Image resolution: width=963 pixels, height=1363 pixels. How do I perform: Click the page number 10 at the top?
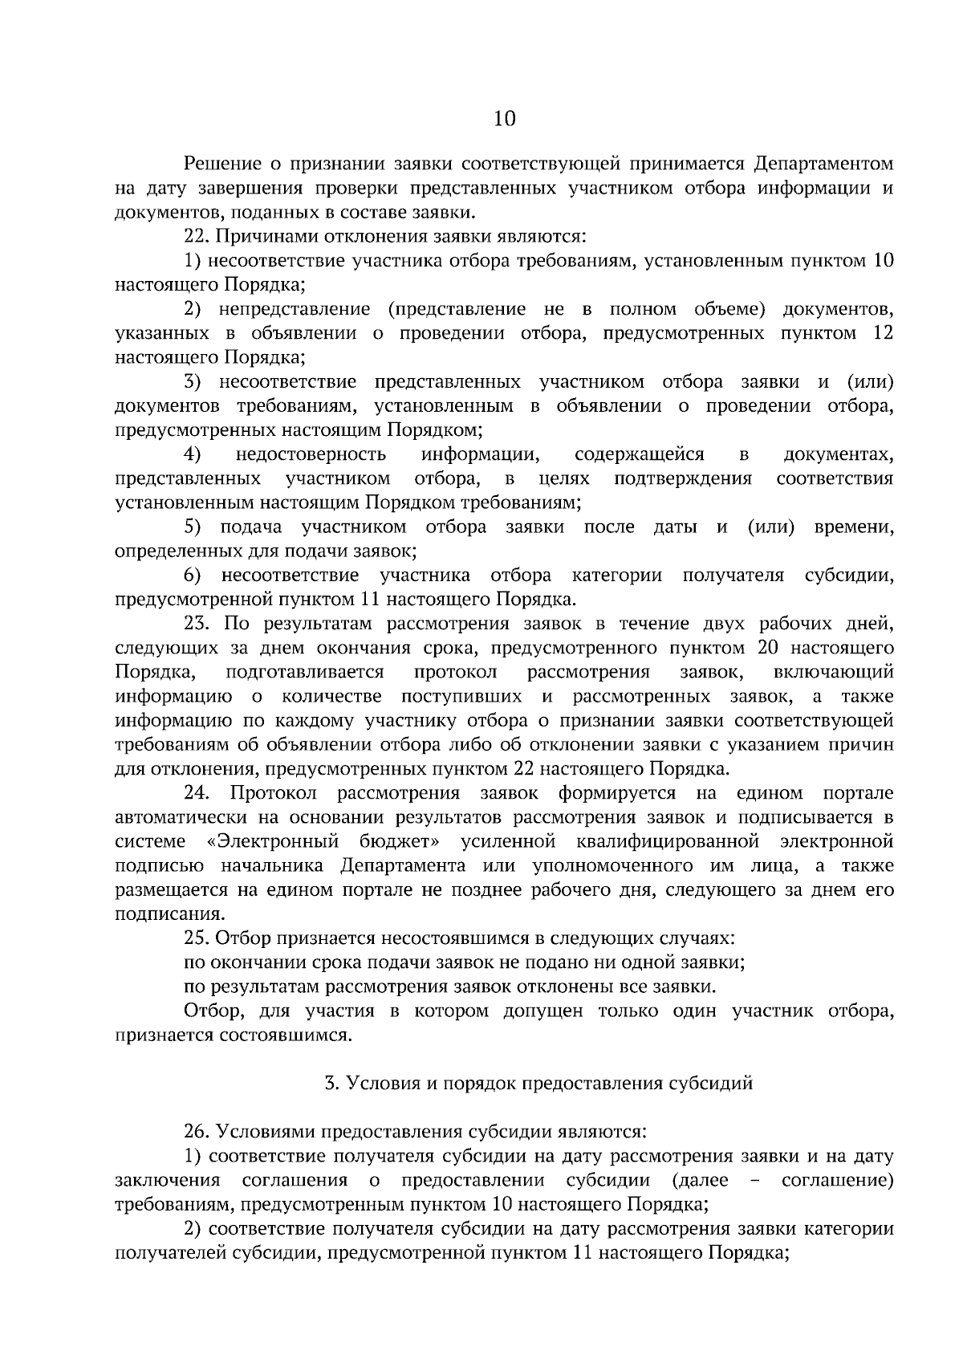pyautogui.click(x=504, y=119)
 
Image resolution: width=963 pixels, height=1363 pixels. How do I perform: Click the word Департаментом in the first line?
pyautogui.click(x=824, y=165)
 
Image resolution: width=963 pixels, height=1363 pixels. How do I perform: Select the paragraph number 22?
pyautogui.click(x=197, y=237)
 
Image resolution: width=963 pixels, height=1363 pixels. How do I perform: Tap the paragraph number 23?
pyautogui.click(x=197, y=624)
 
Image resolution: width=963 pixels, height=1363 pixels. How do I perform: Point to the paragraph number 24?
pyautogui.click(x=197, y=793)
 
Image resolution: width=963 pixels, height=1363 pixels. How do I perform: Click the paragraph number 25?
pyautogui.click(x=197, y=938)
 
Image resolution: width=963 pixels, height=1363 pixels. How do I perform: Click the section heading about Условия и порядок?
pyautogui.click(x=538, y=1083)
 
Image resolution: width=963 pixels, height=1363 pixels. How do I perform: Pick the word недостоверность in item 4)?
pyautogui.click(x=311, y=455)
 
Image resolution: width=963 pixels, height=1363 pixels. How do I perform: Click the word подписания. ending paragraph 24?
pyautogui.click(x=169, y=914)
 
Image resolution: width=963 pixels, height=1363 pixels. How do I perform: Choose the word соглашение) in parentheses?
pyautogui.click(x=837, y=1180)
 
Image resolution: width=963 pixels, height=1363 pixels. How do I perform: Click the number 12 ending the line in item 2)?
pyautogui.click(x=882, y=333)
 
